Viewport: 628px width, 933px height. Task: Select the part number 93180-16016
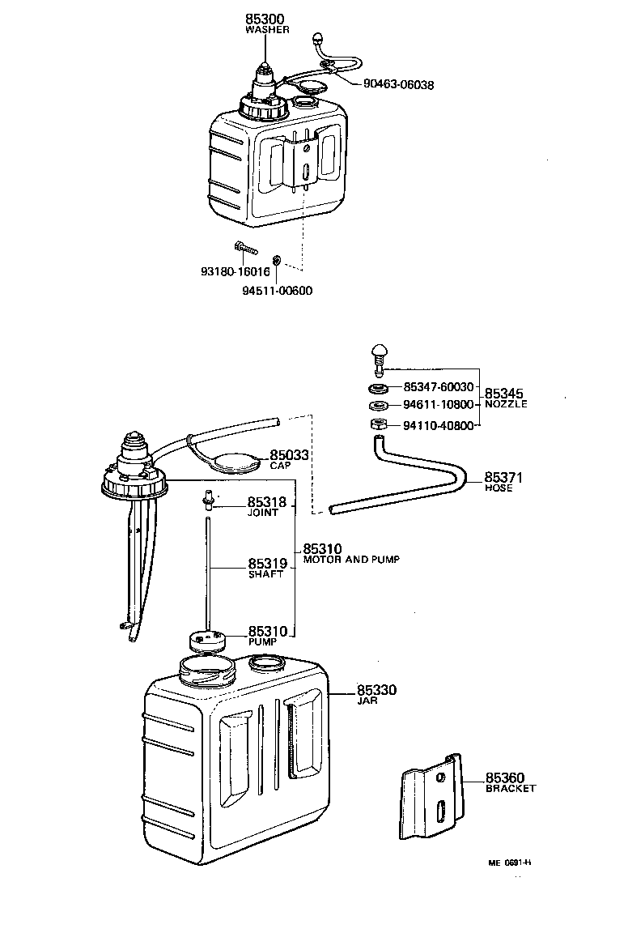point(235,272)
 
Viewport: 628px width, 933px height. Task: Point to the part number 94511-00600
point(277,291)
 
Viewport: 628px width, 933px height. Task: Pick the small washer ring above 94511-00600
point(277,260)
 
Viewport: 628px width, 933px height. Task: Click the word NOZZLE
point(506,404)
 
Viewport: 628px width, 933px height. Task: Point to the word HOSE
point(499,488)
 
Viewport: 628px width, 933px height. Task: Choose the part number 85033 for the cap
point(290,455)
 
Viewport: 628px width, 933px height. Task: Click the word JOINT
point(263,513)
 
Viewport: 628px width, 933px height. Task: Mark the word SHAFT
point(265,574)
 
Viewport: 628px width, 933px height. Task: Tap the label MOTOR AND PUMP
point(351,560)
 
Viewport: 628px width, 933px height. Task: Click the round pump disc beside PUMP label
point(206,641)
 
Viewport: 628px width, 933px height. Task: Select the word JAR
point(367,701)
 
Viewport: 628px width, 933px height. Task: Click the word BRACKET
point(511,788)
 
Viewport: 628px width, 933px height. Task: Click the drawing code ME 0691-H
point(509,862)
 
